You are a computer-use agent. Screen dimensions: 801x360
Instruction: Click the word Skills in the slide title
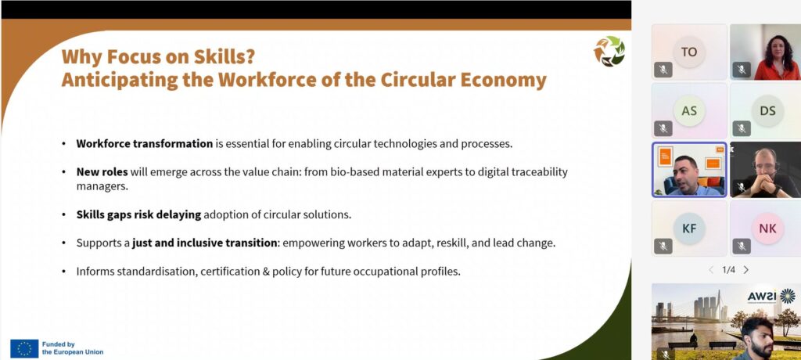point(220,57)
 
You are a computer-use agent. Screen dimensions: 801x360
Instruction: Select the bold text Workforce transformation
point(145,144)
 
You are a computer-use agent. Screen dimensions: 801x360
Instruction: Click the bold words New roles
point(102,172)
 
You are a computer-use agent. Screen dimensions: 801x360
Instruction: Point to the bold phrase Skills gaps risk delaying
point(139,214)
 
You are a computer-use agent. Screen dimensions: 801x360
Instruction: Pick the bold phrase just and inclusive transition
point(204,243)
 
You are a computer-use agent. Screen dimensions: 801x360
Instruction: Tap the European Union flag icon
point(24,348)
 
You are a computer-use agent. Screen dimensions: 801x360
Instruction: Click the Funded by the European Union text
point(73,348)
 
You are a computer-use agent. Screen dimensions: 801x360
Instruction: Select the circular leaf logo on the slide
point(609,51)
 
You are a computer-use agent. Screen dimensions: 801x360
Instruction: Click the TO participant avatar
point(689,52)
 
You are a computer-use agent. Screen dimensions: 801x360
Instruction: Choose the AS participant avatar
point(689,110)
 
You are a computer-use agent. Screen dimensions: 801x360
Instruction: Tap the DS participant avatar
point(767,110)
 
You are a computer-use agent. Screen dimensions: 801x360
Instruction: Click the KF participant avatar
point(689,228)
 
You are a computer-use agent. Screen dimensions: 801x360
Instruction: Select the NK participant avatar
point(767,228)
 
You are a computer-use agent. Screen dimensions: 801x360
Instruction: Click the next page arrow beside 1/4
point(746,270)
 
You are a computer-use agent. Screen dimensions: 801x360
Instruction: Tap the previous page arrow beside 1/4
point(711,270)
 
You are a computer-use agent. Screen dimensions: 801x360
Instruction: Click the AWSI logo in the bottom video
point(770,297)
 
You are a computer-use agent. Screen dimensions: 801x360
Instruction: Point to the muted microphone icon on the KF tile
point(663,246)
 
